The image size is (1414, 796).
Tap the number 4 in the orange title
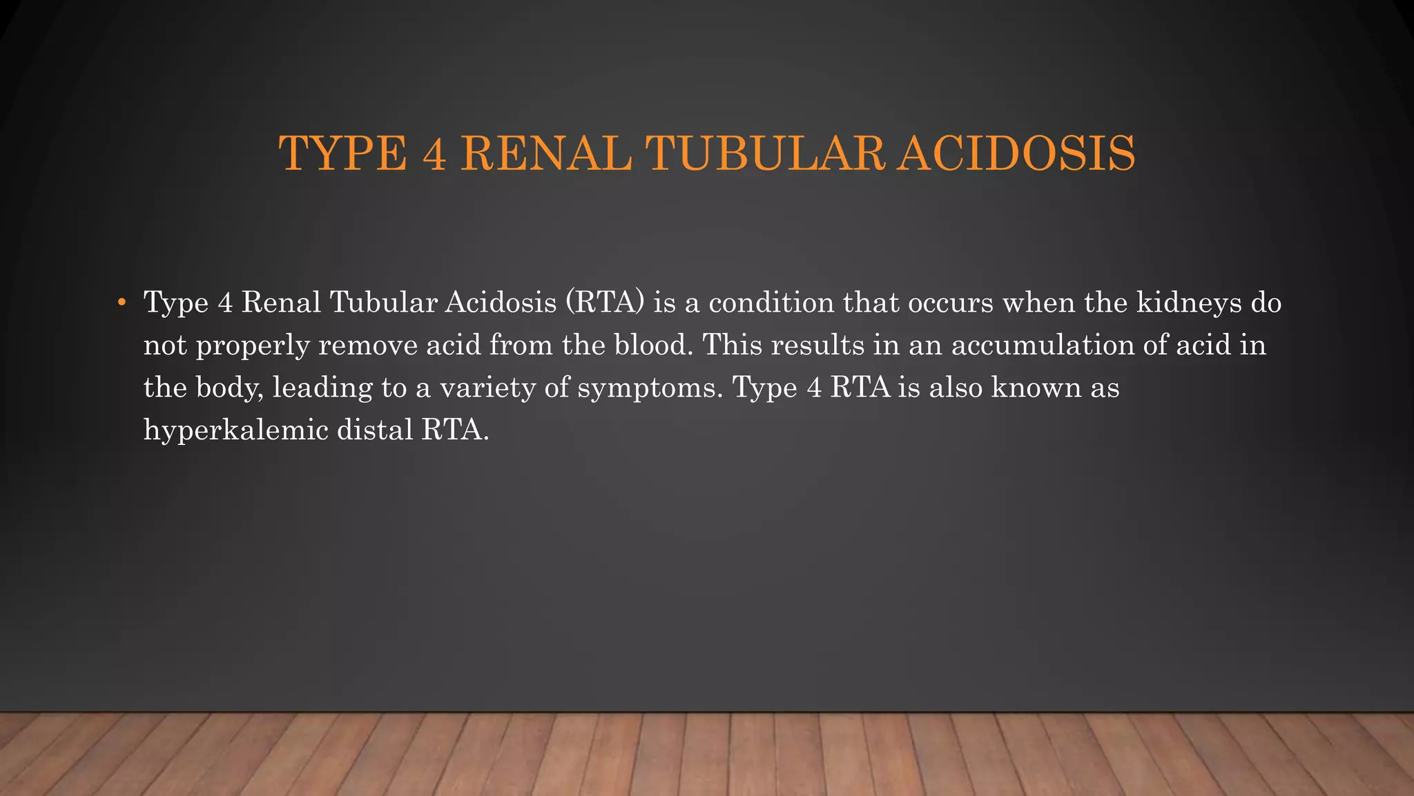click(434, 153)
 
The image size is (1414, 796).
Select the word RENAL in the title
click(545, 153)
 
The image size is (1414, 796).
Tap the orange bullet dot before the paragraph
click(122, 303)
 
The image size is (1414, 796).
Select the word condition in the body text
click(771, 303)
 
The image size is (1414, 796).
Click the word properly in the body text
click(253, 345)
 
